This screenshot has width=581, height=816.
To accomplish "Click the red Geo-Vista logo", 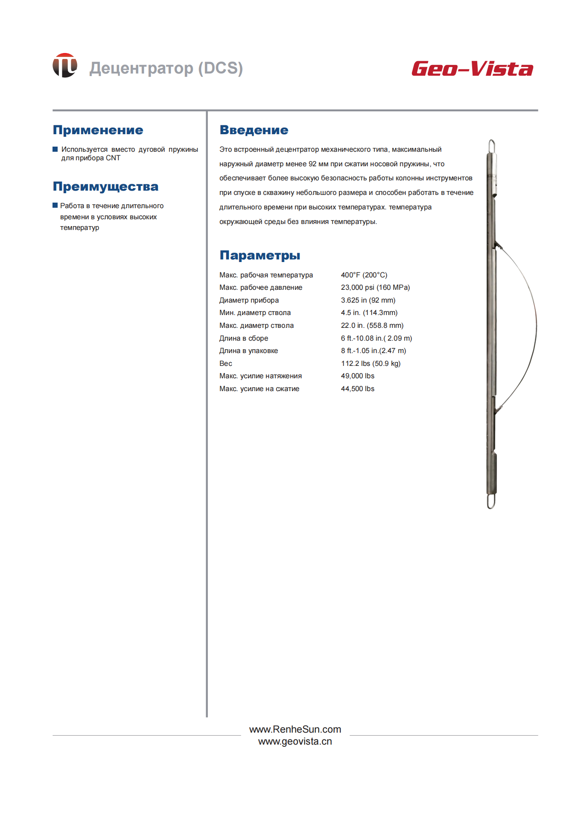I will pos(472,69).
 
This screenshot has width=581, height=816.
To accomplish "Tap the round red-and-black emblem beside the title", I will pos(65,65).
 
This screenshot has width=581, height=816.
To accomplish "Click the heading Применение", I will pos(98,130).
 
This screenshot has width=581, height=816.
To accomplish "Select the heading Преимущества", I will pos(105,186).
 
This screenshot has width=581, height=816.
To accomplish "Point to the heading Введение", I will pos(254,130).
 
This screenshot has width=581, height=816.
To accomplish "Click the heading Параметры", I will pos(260,255).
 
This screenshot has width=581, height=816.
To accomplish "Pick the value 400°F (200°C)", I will pos(364,275).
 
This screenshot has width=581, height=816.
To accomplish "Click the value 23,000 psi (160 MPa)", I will pos(375,287).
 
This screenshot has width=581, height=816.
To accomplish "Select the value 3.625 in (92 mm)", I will pos(368,300).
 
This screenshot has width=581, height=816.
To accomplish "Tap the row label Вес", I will pos(225,363).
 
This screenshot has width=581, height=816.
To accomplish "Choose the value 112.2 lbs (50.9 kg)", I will pos(371,363).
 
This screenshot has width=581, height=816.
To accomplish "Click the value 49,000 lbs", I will pos(357,376).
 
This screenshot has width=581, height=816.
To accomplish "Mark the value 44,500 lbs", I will pos(357,389).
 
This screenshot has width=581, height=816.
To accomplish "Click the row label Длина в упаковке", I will pos(248,351).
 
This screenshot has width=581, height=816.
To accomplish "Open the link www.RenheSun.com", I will pos(295,729).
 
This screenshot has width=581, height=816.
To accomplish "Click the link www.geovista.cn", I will pos(295,741).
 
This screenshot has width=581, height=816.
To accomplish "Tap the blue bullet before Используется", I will pos(55,149).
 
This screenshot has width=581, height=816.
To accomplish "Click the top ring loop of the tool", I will pos(492,146).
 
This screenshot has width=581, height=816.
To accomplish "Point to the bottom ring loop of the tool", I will pos(491,501).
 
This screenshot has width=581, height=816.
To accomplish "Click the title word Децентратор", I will pos(141,68).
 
